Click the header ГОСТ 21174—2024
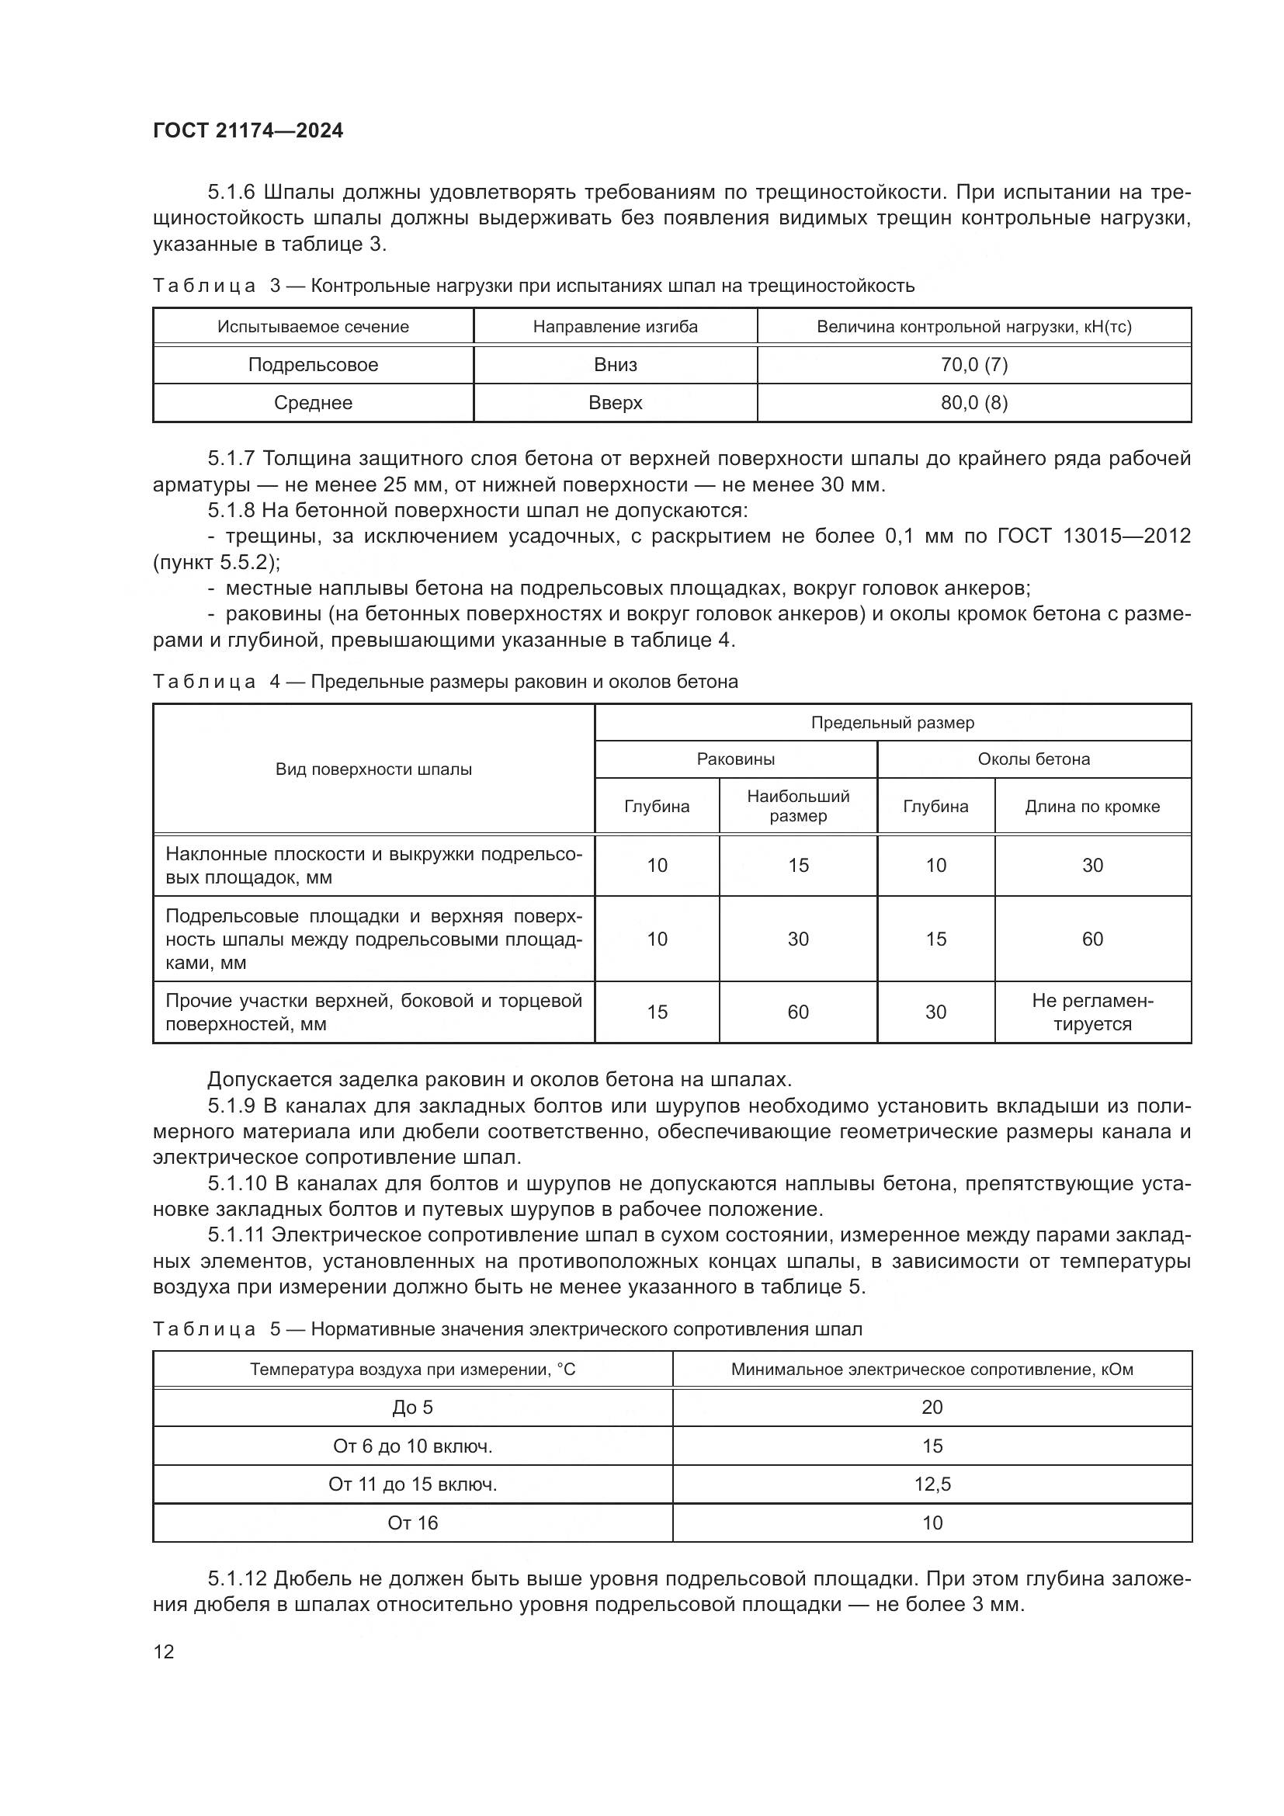click(x=248, y=131)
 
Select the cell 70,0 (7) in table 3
click(x=973, y=365)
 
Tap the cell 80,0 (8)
click(x=973, y=403)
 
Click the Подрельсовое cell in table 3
click(x=313, y=365)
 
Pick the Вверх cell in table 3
click(x=615, y=403)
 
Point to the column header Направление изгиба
click(x=615, y=327)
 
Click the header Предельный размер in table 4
click(x=893, y=722)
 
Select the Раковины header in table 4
click(x=735, y=759)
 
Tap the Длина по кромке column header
click(x=1092, y=806)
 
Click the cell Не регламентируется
click(x=1092, y=1012)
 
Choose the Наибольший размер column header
click(x=798, y=806)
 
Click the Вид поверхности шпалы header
click(x=373, y=769)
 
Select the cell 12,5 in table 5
click(x=932, y=1484)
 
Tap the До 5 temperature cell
click(x=413, y=1407)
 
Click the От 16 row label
click(x=413, y=1523)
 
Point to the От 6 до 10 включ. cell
click(x=413, y=1446)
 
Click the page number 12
click(x=164, y=1651)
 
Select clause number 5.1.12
click(x=238, y=1578)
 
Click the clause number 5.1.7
click(x=232, y=459)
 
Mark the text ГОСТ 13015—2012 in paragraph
click(x=1095, y=536)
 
